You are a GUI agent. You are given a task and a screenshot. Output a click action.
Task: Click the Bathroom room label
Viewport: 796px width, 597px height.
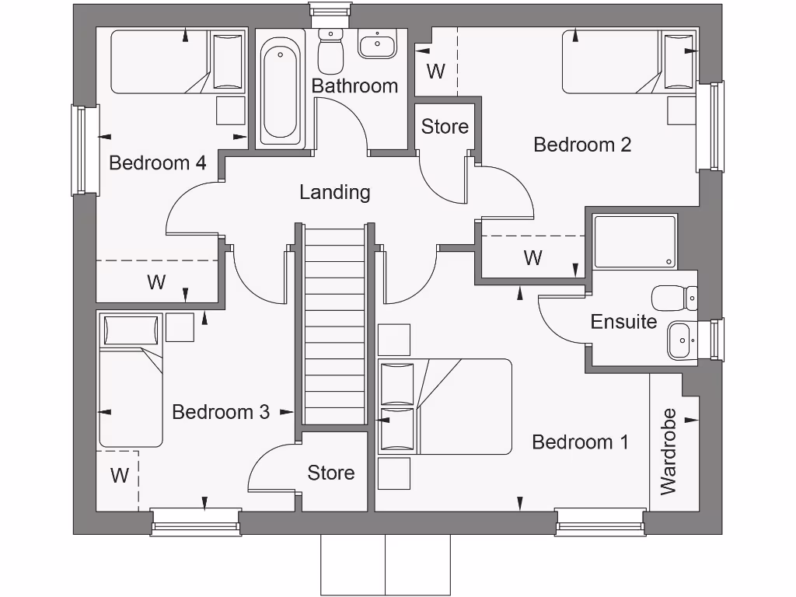(x=354, y=86)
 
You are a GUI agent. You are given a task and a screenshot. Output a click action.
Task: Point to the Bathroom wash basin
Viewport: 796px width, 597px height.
(x=378, y=44)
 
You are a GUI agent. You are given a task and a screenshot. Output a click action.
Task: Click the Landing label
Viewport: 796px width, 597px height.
(x=335, y=192)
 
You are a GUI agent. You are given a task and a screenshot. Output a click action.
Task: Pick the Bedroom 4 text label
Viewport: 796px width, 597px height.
(x=157, y=163)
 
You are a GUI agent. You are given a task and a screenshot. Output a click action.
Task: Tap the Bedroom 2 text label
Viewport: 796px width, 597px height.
(x=582, y=145)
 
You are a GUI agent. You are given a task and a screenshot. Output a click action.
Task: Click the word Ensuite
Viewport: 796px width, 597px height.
(x=623, y=322)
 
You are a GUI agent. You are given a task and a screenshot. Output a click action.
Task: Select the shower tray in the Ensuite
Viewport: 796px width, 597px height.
(x=634, y=242)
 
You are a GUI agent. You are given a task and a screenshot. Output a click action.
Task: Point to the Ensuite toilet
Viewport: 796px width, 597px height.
(x=674, y=297)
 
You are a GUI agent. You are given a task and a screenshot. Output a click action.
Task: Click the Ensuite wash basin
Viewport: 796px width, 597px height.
(x=682, y=340)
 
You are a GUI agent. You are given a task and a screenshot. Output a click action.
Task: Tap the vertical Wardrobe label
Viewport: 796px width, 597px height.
(x=669, y=452)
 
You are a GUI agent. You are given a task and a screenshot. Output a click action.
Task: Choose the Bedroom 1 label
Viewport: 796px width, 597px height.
(x=580, y=442)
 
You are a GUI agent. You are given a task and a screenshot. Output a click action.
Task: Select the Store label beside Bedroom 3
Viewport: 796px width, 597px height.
(x=331, y=473)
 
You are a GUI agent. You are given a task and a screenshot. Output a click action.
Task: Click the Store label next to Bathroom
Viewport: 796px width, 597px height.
(x=445, y=126)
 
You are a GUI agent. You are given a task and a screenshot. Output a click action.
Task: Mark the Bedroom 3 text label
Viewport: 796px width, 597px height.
(x=221, y=412)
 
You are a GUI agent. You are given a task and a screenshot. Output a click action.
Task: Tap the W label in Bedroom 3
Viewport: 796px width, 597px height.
(x=119, y=475)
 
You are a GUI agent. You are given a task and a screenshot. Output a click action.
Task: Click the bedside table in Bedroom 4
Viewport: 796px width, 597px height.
(x=229, y=110)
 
